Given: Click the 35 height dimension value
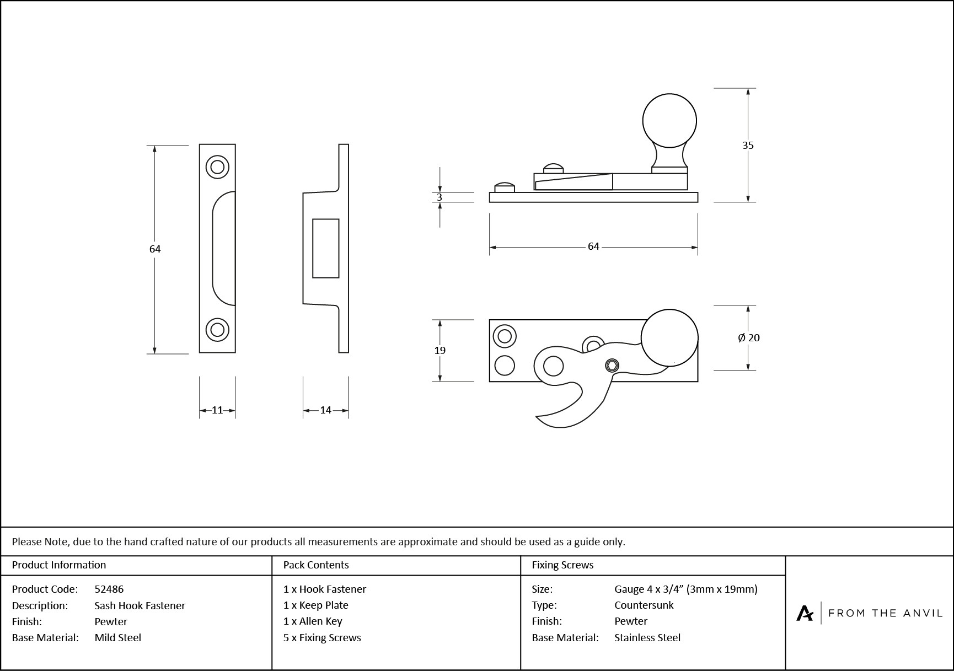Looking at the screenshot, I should coord(747,146).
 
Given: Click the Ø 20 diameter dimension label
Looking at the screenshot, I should coord(748,338).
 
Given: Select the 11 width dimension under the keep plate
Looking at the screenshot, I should coord(217,410).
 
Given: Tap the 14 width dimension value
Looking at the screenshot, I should coord(325,410).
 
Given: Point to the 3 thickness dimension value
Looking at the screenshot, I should coord(440,197).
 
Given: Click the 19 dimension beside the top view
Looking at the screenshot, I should coord(440,351).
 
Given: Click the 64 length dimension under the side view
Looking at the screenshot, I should coord(593,246).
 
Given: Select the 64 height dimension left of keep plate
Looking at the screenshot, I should coord(155,249).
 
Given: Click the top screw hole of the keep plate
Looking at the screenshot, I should coord(217,167).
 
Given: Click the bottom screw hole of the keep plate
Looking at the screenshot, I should coord(217,330).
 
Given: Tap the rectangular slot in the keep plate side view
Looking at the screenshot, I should coord(325,248).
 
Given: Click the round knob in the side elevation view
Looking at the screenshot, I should coord(669,121).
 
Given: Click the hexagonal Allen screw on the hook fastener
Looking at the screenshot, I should coord(612,365).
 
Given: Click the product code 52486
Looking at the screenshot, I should coord(109,589).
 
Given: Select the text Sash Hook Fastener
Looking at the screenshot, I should coord(140,605).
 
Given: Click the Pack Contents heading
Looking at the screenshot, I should coord(316,565).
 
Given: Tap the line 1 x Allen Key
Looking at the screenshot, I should coord(313,621).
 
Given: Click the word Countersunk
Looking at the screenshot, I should coord(644,605).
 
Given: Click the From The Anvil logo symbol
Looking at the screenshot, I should coord(805,613).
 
